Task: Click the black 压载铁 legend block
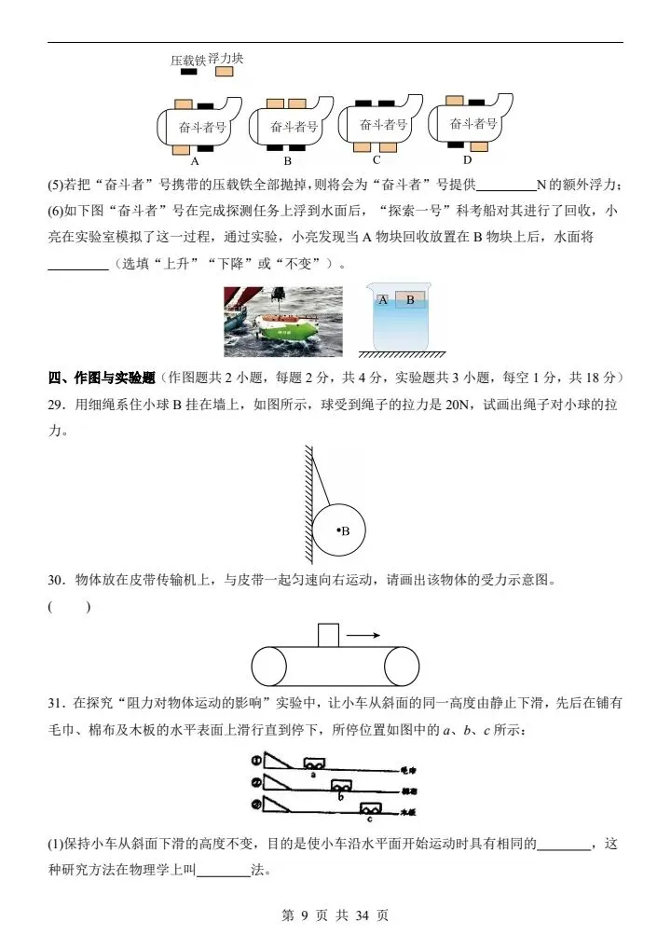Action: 188,72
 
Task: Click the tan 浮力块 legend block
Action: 220,72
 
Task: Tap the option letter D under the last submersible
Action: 467,158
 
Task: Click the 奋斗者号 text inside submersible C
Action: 383,124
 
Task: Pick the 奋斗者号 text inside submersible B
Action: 294,126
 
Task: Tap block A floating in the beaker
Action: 383,300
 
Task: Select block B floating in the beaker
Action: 410,300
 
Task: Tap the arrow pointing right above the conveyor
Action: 363,635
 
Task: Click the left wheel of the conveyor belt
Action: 268,666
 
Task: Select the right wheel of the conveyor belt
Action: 403,666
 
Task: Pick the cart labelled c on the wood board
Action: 372,808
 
